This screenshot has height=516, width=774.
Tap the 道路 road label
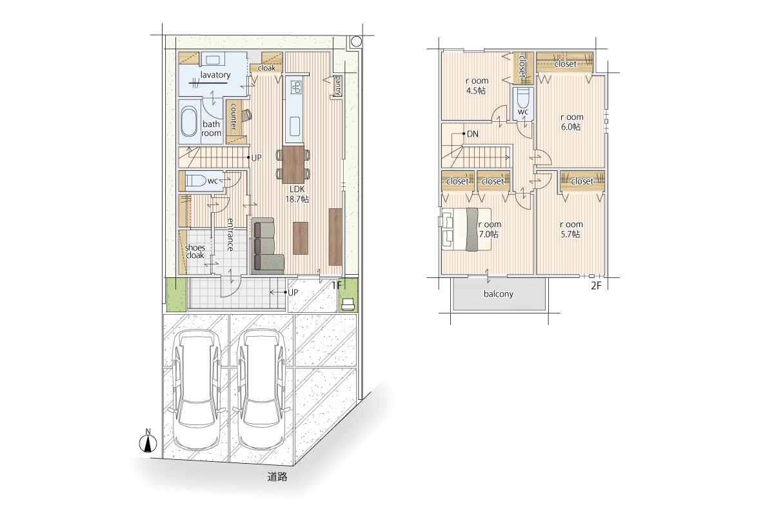pos(277,477)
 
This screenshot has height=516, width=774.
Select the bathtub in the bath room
pos(189,122)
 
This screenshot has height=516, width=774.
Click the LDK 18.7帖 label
pos(297,194)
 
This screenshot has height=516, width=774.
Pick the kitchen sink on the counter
pos(295,126)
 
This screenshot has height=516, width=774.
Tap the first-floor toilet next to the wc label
pos(195,181)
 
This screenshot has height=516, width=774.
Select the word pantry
pos(337,86)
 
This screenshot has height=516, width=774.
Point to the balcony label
pos(498,294)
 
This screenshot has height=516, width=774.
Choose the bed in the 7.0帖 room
pos(467,229)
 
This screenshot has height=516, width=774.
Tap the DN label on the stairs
pos(472,134)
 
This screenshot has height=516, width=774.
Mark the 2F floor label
pos(596,286)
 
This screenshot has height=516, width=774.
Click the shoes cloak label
pos(195,252)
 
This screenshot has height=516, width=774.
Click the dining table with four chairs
pos(293,164)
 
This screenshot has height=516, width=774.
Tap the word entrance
pos(230,235)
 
